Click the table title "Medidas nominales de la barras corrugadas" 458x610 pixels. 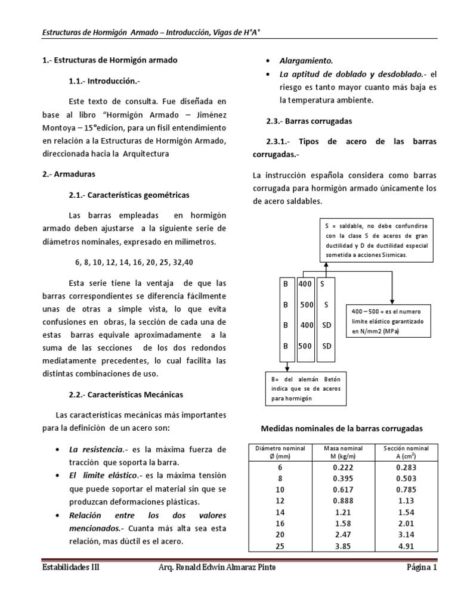(342, 428)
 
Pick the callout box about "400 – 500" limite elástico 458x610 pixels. (388, 320)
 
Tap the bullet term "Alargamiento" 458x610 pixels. (306, 61)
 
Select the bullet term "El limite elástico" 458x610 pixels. (95, 475)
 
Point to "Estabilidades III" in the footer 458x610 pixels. (70, 568)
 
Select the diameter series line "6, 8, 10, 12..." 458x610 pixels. (138, 262)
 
